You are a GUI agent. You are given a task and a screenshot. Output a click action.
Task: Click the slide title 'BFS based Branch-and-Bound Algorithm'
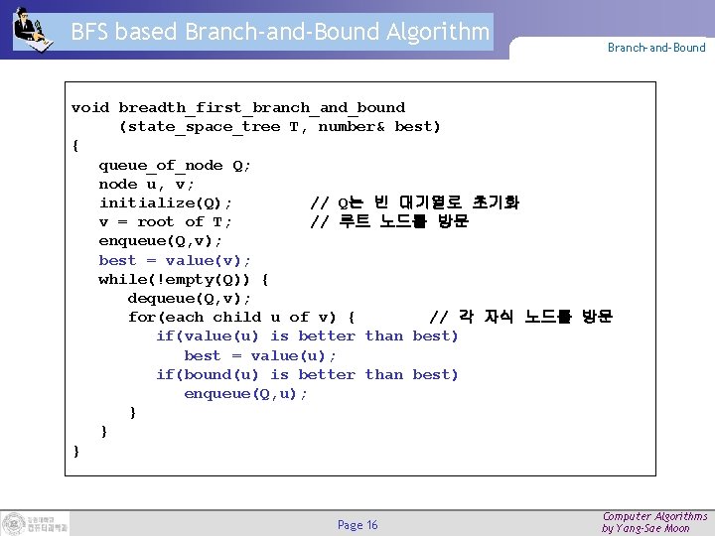pos(280,32)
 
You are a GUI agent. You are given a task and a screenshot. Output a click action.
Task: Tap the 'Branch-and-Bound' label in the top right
pos(656,48)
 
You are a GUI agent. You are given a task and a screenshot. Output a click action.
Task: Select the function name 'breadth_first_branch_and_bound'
pos(262,107)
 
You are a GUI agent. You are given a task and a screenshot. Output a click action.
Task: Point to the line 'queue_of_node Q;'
pos(175,165)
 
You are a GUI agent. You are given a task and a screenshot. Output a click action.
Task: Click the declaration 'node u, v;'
pos(147,184)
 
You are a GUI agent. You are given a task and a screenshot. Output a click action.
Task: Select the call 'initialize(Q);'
pos(166,202)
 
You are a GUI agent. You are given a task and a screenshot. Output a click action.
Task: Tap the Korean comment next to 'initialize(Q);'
pos(414,202)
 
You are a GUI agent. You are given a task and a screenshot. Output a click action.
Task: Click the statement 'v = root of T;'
pos(166,221)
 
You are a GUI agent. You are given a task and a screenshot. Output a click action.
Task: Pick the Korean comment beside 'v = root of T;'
pos(389,221)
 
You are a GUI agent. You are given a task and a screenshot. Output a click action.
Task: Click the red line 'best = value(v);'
pos(175,260)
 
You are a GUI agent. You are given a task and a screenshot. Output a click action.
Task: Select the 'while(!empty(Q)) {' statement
pos(184,279)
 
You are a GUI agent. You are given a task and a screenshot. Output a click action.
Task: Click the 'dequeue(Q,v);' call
pos(190,298)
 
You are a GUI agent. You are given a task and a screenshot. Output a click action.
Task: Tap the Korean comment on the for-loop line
pos(520,317)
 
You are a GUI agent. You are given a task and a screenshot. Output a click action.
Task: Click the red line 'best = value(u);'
pos(260,355)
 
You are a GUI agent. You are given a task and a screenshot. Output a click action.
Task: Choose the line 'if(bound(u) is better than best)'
pos(307,374)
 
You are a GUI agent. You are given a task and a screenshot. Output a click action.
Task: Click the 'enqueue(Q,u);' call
pos(246,393)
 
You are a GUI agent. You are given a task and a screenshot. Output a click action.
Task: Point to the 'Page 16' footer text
pos(357,525)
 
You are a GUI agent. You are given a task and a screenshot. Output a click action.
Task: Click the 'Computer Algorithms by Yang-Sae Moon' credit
pos(654,522)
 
